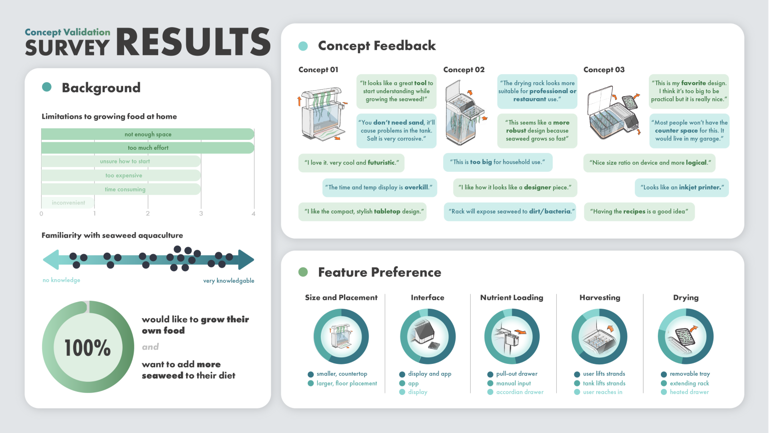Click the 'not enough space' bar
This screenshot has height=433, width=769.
coord(148,134)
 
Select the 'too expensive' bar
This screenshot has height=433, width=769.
coord(121,175)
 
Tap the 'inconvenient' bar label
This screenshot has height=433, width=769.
coord(69,203)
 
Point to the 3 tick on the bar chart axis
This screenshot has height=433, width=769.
coord(201,213)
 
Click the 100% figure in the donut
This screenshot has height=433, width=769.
coord(88,348)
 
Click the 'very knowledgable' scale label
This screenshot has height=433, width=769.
coord(229,281)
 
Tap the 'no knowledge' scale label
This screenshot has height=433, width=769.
coord(62,280)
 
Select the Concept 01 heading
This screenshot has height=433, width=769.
coord(318,70)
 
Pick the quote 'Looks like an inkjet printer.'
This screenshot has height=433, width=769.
coord(682,187)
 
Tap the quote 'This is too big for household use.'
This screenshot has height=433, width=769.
coord(497,162)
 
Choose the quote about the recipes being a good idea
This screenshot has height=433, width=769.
coord(639,211)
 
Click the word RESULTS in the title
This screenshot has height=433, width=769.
coord(194,42)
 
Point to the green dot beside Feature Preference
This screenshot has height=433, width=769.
coord(303,272)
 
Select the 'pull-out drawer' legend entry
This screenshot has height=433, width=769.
coord(517,374)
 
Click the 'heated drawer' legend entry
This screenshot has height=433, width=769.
coord(689,392)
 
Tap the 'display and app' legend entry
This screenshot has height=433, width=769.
coord(430,374)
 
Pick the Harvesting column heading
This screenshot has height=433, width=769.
coord(600,298)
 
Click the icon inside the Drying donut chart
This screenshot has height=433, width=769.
coord(685,336)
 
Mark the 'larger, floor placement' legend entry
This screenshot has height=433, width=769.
coord(346,383)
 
